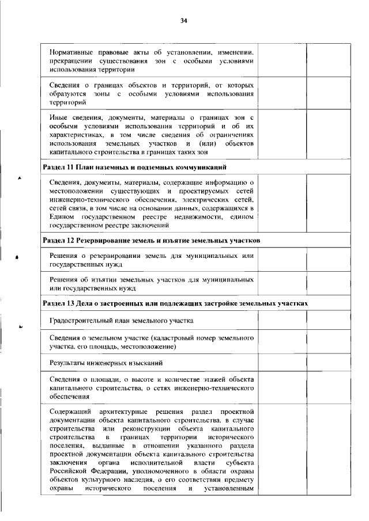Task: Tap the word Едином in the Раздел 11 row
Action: tap(61, 215)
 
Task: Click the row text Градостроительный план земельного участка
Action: tap(121, 320)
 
